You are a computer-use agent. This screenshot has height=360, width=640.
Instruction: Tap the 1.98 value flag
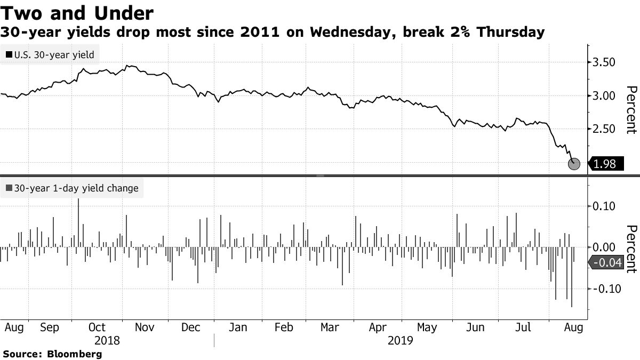pos(605,164)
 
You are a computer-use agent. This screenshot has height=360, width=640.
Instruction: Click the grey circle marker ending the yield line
pos(574,164)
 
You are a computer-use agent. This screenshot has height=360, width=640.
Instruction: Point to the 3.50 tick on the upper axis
pos(604,63)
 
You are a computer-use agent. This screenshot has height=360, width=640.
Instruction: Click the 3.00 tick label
pos(604,96)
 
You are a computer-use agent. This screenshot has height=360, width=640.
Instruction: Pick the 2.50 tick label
pos(604,129)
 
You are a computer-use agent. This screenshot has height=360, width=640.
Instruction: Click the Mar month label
pos(329,327)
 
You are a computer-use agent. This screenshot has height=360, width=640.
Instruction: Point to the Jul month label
pos(523,327)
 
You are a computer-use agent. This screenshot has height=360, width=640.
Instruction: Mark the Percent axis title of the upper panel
pos(631,109)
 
